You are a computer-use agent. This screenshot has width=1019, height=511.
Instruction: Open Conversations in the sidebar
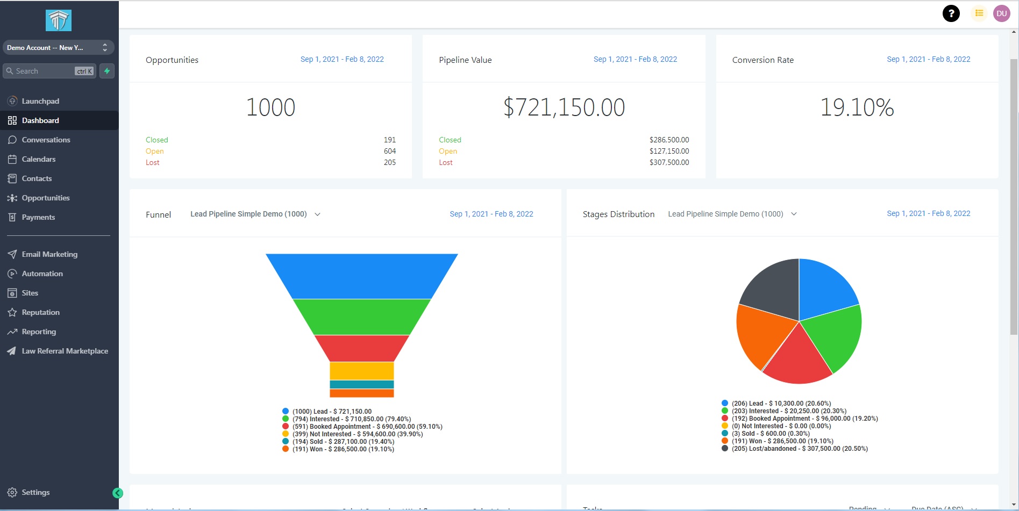pyautogui.click(x=46, y=140)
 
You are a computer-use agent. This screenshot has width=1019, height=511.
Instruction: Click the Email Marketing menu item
pyautogui.click(x=49, y=254)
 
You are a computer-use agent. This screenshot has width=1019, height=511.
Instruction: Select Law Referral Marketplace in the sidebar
pyautogui.click(x=65, y=351)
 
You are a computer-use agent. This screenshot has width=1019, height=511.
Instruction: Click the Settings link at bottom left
pyautogui.click(x=35, y=492)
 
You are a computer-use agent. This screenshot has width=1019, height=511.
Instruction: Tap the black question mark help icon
pyautogui.click(x=951, y=13)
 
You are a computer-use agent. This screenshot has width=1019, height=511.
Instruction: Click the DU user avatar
pyautogui.click(x=1001, y=13)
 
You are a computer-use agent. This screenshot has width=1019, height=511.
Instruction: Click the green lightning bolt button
pyautogui.click(x=107, y=71)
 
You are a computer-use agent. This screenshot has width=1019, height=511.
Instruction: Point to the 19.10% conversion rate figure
pyautogui.click(x=857, y=107)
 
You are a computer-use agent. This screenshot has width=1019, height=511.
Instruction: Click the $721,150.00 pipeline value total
pyautogui.click(x=564, y=107)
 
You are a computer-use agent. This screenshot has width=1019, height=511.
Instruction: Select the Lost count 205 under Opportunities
pyautogui.click(x=390, y=162)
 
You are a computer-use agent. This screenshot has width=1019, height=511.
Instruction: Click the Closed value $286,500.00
pyautogui.click(x=669, y=140)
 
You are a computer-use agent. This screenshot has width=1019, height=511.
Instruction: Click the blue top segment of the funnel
pyautogui.click(x=361, y=276)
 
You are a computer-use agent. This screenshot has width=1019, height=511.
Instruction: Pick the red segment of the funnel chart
pyautogui.click(x=361, y=348)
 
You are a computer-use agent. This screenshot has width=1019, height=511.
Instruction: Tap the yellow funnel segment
pyautogui.click(x=361, y=371)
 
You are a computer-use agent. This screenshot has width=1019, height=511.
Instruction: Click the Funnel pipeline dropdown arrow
pyautogui.click(x=317, y=214)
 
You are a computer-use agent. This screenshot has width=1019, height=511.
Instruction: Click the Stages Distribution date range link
pyautogui.click(x=928, y=213)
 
